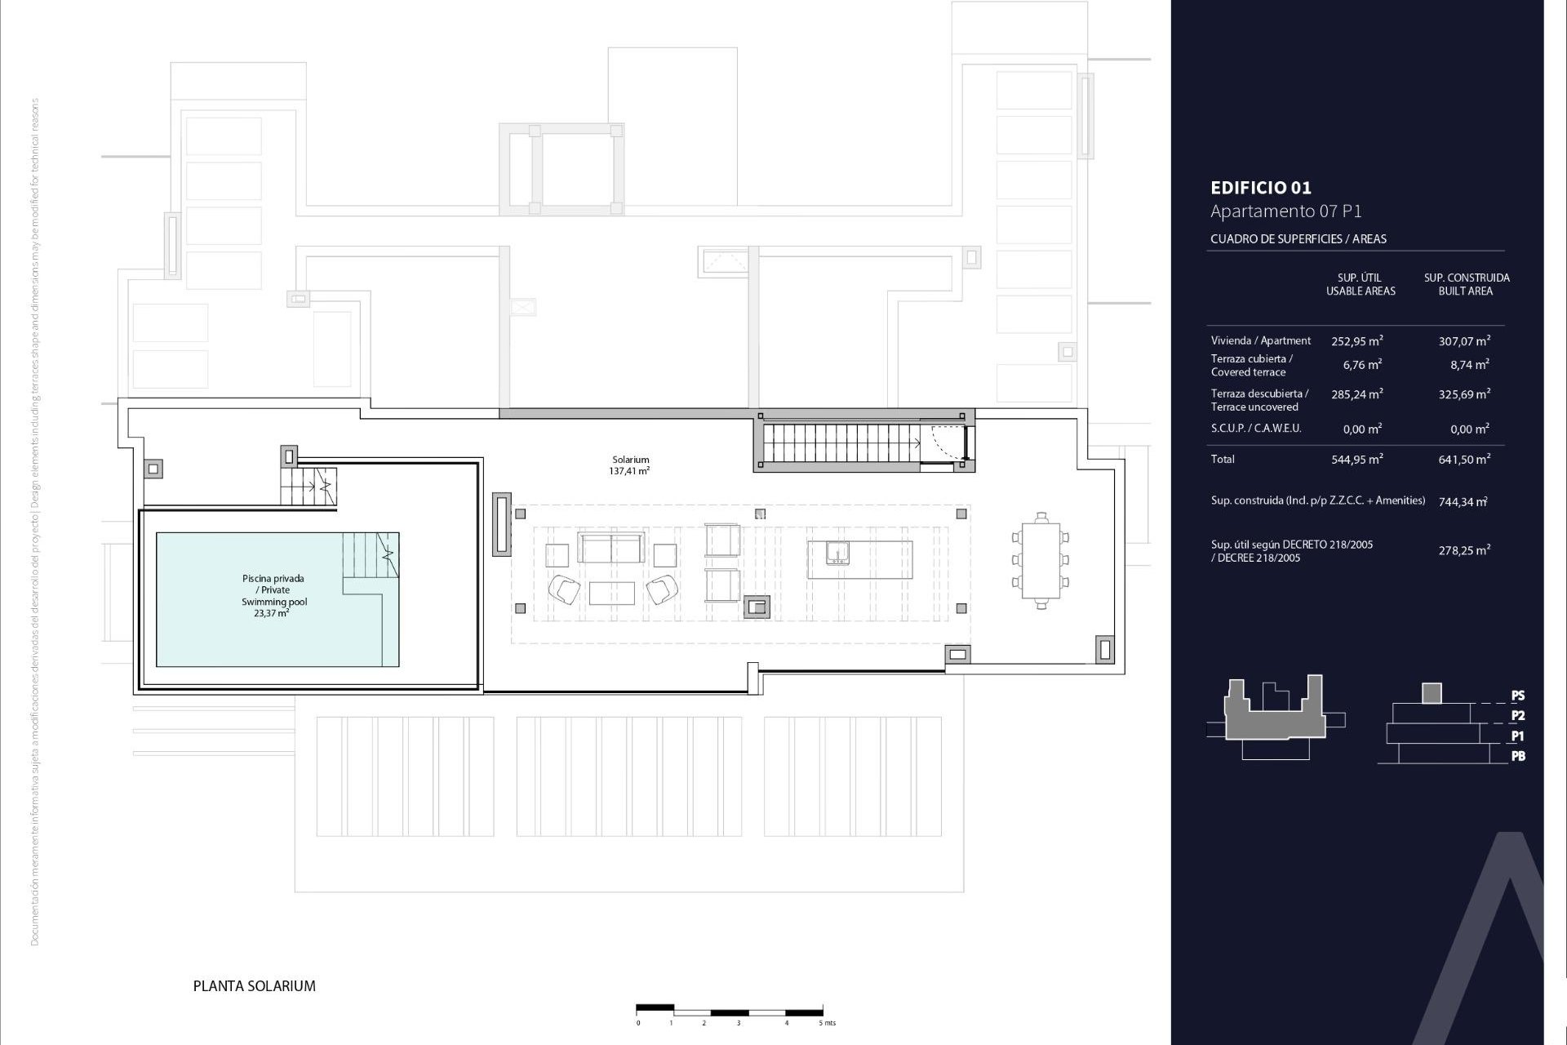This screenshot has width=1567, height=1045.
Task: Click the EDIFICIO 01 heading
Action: tap(1261, 188)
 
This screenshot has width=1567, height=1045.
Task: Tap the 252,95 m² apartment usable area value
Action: tap(1358, 341)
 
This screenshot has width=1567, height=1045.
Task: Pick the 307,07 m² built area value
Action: tap(1464, 341)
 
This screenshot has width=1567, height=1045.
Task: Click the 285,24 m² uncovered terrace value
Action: tap(1358, 394)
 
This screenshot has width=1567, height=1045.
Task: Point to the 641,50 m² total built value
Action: tap(1464, 460)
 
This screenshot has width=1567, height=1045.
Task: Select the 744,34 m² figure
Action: tap(1463, 502)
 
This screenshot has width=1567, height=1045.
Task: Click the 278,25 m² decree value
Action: tap(1464, 551)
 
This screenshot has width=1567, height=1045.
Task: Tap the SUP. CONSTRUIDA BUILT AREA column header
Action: tap(1467, 284)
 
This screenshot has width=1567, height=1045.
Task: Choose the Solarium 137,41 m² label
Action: tap(630, 465)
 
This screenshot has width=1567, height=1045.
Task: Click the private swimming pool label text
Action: tap(273, 595)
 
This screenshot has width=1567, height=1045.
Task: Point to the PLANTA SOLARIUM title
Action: tap(254, 986)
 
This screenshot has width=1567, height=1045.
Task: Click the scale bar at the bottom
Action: tap(729, 1009)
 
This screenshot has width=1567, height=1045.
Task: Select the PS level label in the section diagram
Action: tap(1518, 696)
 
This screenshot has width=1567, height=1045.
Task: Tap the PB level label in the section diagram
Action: tap(1518, 756)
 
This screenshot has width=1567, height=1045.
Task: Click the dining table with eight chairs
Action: tap(1041, 561)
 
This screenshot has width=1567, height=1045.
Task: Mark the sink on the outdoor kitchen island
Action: tap(837, 554)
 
